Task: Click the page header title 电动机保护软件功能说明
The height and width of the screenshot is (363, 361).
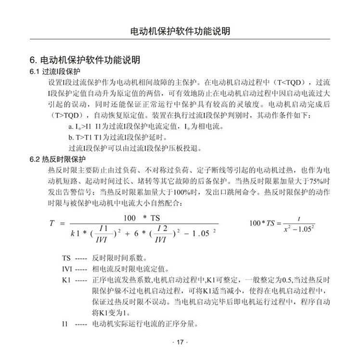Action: (180, 32)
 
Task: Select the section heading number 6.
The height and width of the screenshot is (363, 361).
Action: (33, 61)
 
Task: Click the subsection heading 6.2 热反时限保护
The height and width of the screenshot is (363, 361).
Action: (57, 159)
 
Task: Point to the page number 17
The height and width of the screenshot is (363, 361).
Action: (180, 342)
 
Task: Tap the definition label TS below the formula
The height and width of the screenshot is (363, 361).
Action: (67, 258)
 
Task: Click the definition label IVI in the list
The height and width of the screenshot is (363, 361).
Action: (67, 269)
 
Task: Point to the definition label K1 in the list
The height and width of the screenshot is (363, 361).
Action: (66, 280)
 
